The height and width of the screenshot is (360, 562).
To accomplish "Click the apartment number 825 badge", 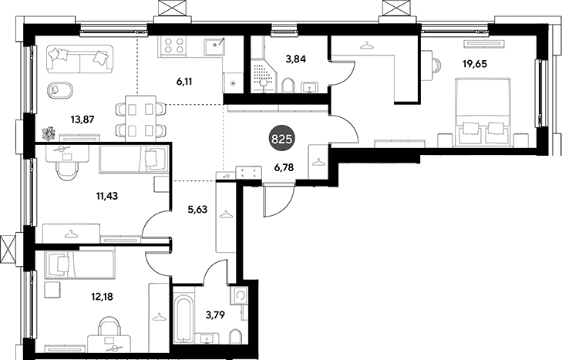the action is point(282,139).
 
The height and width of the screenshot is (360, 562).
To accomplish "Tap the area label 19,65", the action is point(475,64).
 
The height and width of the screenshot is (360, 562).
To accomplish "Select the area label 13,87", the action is point(82,119).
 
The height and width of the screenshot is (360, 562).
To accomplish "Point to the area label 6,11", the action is point(184,82).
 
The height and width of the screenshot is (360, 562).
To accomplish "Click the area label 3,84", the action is point(296,59).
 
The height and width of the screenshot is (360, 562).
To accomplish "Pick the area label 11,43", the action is point(107,196).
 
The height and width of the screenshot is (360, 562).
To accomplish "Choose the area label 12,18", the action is point(102,297).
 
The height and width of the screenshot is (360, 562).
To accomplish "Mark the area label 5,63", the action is point(197,209).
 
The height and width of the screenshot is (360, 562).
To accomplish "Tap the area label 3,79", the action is point(215,315).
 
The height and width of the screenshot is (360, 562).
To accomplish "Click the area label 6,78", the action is point(284,167).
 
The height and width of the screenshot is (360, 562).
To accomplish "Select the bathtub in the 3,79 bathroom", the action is point(184,319).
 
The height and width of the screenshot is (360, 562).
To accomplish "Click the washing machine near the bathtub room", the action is point(239,296).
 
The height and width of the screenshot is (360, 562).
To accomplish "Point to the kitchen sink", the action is point(214,47).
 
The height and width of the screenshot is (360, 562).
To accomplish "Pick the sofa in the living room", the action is point(79,59).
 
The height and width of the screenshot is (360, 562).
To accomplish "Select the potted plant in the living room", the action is point(48,133).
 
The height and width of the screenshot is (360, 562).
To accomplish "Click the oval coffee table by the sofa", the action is point(60,89).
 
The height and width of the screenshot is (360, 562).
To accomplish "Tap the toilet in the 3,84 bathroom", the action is point(288,86).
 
